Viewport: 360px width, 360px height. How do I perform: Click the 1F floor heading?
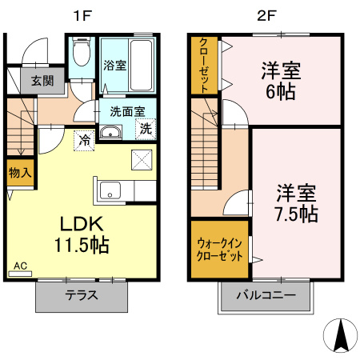tap(81, 14)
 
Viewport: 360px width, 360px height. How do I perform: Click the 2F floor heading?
tap(266, 14)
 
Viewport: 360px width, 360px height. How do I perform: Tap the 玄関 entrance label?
tap(42, 80)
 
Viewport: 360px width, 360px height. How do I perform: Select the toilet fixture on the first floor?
tap(80, 55)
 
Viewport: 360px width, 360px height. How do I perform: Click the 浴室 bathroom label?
tap(114, 65)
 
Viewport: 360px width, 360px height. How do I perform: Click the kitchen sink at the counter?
tap(110, 191)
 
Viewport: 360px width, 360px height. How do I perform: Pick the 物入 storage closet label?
tap(20, 172)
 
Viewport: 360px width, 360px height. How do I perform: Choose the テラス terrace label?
tap(82, 294)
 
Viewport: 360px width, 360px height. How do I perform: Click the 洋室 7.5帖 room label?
tap(296, 203)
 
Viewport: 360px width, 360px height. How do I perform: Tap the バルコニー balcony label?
tap(266, 295)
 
